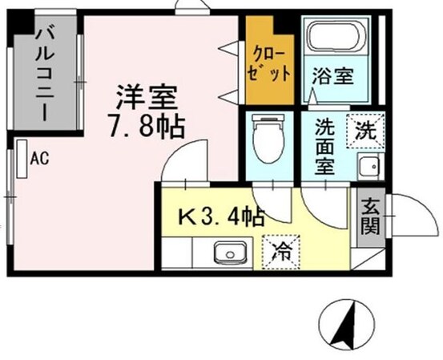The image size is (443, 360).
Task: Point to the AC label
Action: [40, 159]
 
